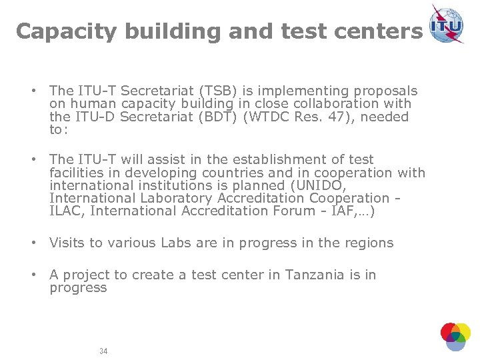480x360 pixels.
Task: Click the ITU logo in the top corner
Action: point(447,24)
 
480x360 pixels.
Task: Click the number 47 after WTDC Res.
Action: point(345,117)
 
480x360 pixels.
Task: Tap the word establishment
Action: point(277,159)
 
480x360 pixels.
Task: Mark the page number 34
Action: point(103,351)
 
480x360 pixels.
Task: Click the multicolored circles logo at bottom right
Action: point(455,336)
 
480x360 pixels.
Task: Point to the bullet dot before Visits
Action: point(31,243)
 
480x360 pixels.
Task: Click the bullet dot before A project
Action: point(31,275)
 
